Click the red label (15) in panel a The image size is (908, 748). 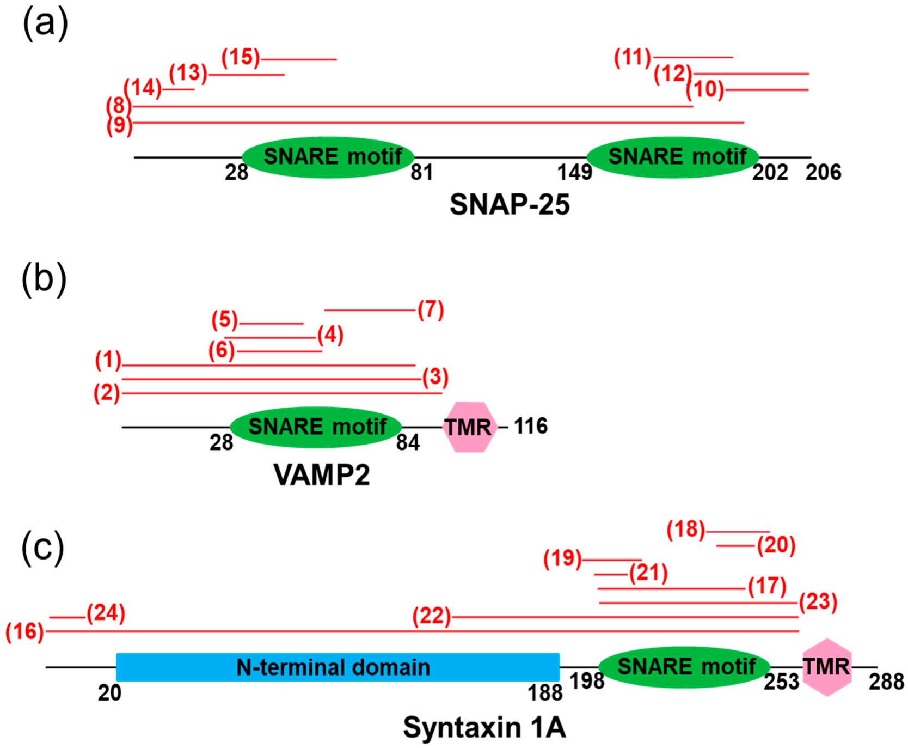tap(241, 57)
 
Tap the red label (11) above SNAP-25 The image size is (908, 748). tap(633, 57)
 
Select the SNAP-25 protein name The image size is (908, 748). tap(510, 205)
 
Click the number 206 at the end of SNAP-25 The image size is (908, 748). tap(823, 173)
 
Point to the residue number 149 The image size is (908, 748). tap(574, 173)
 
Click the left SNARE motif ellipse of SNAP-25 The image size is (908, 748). tap(328, 157)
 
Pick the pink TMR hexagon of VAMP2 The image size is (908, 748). tap(469, 427)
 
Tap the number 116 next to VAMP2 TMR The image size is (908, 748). tap(531, 426)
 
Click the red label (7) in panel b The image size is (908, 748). tap(431, 309)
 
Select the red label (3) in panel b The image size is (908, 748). tap(435, 377)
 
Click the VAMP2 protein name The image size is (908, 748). tap(322, 475)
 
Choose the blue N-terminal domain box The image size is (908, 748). tap(338, 667)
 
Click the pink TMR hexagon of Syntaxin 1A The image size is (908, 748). tap(827, 667)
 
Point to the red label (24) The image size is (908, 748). tap(106, 613)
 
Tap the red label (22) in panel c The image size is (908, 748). tap(432, 616)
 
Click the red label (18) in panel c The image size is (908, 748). tap(685, 529)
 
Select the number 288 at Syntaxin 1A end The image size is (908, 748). tap(886, 682)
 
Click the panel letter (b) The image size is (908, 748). tap(44, 279)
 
